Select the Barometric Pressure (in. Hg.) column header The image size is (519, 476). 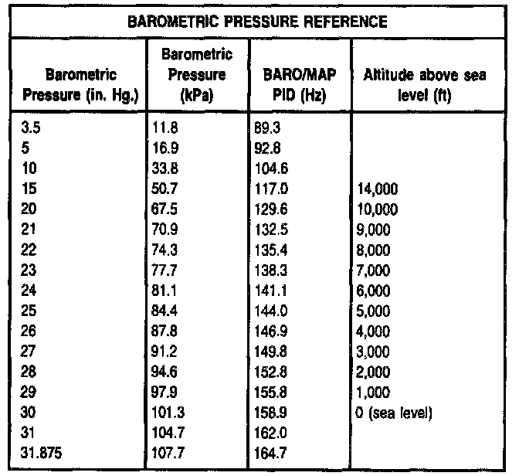[81, 85]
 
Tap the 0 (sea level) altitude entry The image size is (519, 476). [394, 413]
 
